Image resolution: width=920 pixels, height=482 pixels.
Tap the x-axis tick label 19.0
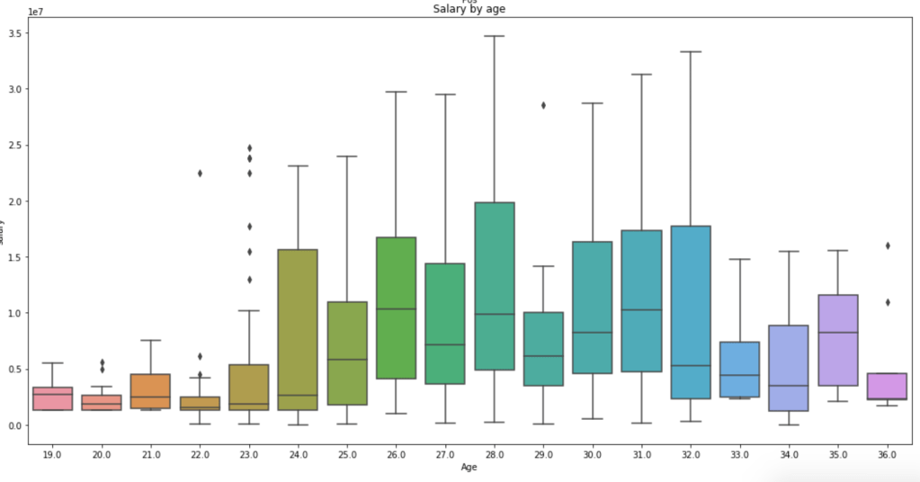52,456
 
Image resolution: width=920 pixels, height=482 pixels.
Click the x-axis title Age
469,468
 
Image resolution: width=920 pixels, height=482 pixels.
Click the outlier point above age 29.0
543,105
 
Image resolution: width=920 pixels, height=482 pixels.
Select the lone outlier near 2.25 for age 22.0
200,174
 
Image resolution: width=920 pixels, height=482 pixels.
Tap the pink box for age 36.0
887,386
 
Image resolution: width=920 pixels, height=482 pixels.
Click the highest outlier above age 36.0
887,245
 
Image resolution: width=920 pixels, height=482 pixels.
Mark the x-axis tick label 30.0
593,456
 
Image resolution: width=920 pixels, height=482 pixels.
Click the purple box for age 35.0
838,340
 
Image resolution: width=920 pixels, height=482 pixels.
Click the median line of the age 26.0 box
396,309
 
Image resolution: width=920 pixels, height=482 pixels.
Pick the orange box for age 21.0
150,391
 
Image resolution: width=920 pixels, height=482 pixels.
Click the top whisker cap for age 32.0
691,52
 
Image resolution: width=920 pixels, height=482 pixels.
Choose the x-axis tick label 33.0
740,456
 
